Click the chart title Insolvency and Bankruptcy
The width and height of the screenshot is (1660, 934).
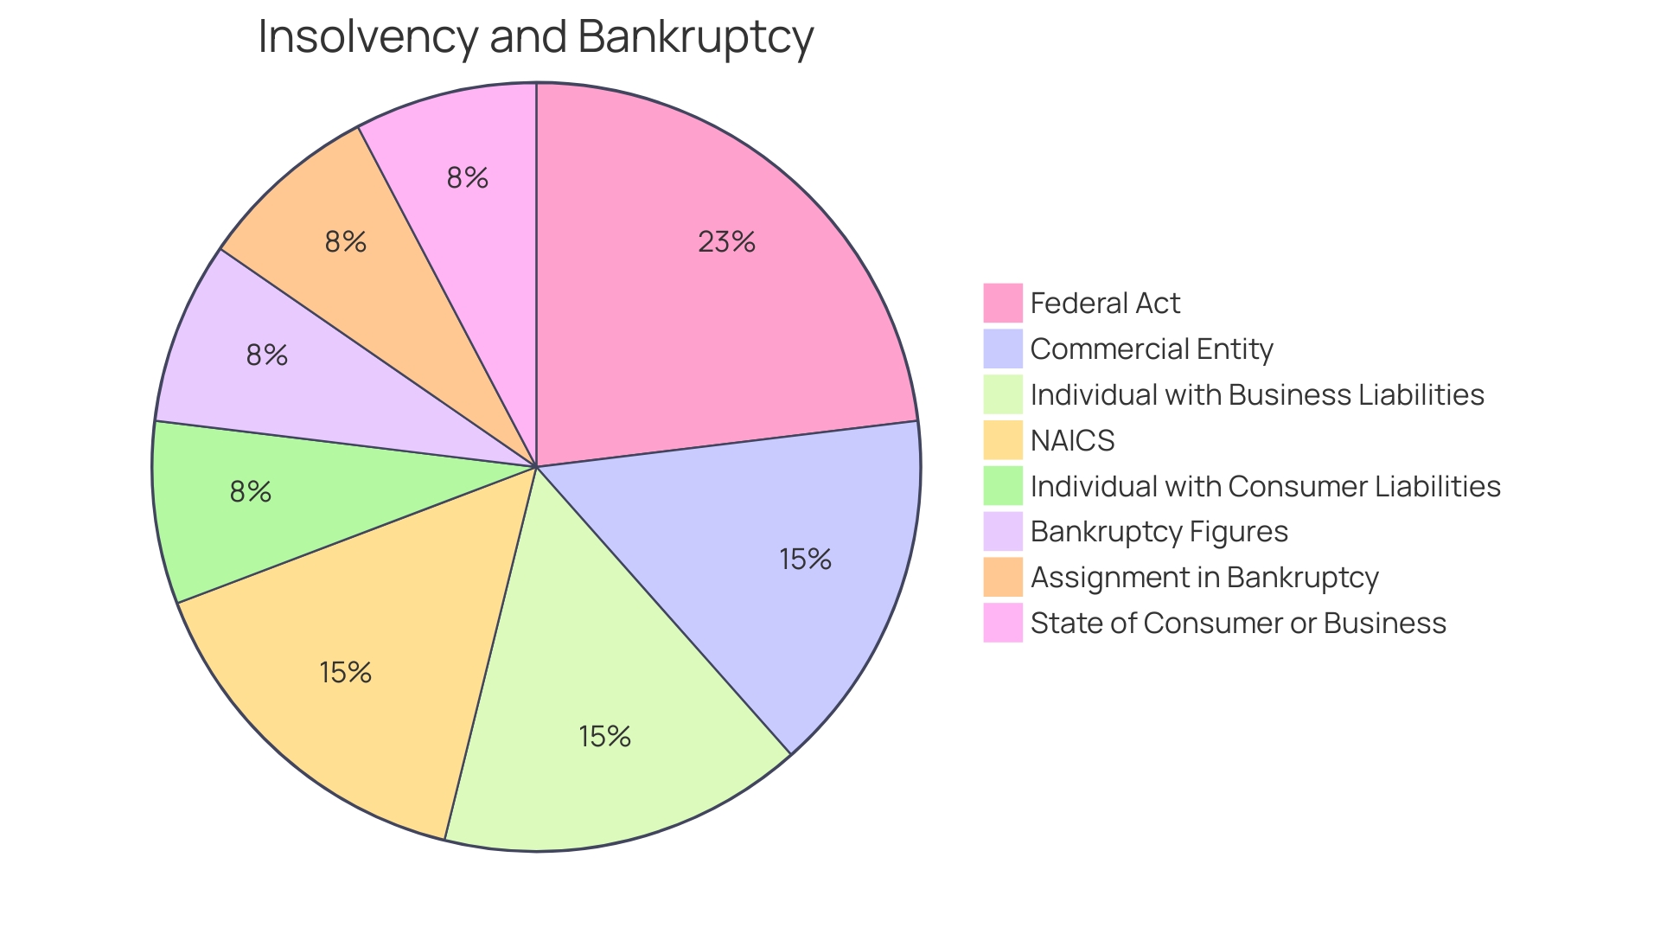[535, 37]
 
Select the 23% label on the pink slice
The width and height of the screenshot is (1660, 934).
[726, 241]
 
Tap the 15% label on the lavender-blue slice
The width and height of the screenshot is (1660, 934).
[805, 560]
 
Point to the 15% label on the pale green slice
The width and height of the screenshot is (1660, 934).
[604, 736]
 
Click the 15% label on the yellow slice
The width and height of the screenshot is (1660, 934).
[345, 672]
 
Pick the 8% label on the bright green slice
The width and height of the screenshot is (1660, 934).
[251, 491]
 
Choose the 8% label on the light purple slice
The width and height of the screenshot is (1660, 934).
[266, 355]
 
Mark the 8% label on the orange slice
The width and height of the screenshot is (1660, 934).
[346, 241]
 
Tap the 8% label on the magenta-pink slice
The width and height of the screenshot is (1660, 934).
[468, 177]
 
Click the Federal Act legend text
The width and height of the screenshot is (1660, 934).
[1105, 304]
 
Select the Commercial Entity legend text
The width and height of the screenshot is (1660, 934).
[1152, 349]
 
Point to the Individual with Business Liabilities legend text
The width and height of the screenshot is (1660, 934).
[1257, 395]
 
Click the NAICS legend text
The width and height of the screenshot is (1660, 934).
[1072, 441]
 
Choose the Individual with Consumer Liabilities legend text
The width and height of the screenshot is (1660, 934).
[1265, 487]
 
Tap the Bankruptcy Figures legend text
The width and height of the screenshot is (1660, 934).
[1159, 532]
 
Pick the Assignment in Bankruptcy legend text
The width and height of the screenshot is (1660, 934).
[1204, 578]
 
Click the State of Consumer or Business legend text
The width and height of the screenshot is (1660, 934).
[1238, 624]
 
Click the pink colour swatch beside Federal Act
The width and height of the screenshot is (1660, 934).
[1003, 303]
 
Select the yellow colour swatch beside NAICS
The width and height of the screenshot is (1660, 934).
[1003, 440]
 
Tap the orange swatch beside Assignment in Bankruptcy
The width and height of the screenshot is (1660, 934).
[1003, 578]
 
